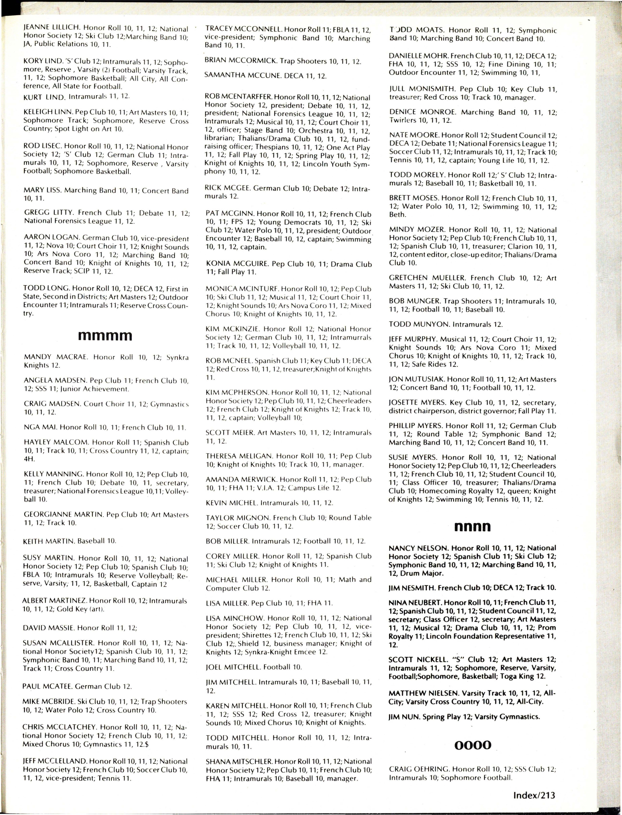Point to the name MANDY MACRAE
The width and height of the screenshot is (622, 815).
(x=55, y=357)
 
